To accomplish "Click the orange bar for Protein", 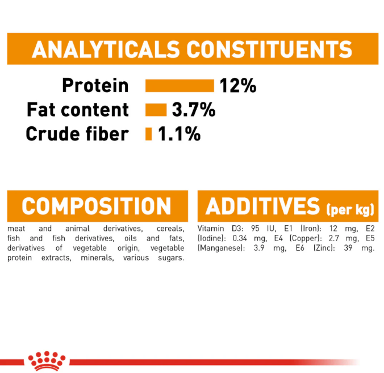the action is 180,85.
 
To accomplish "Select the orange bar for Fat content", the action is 156,110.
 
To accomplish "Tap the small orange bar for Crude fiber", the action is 148,134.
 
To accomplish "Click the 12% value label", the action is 238,85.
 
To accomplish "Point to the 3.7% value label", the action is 194,110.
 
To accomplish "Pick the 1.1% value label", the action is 180,134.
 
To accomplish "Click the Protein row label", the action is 95,85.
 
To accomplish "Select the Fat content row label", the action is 78,110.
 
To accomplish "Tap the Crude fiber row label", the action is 77,134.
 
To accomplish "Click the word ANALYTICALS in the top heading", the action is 106,49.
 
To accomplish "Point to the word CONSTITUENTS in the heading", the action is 269,49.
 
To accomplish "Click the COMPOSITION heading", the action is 96,206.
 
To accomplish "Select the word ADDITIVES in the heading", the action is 262,206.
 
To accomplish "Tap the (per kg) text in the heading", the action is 350,210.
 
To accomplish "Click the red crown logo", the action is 47,360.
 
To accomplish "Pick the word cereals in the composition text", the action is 170,229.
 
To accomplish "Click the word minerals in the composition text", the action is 98,258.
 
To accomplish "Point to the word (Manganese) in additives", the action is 221,248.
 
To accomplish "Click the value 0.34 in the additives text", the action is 240,238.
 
